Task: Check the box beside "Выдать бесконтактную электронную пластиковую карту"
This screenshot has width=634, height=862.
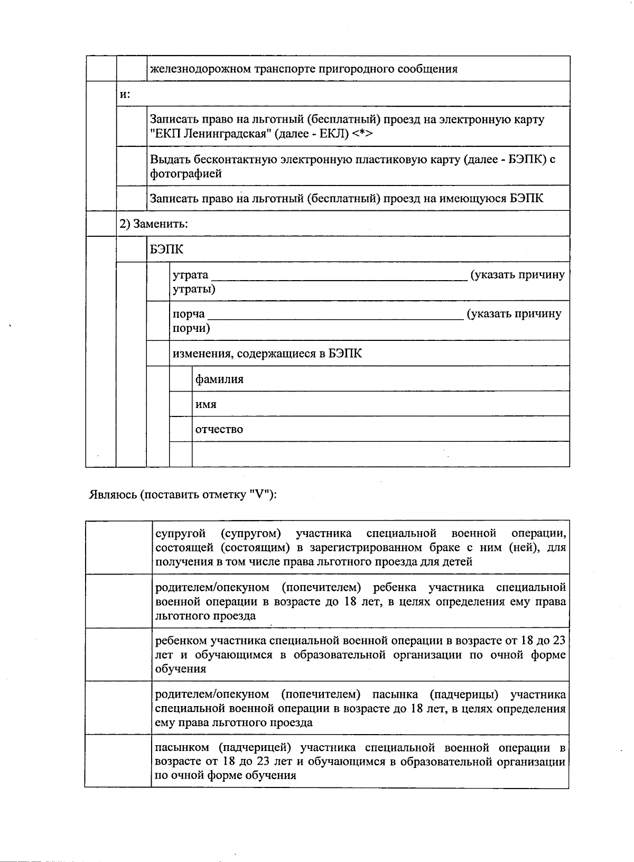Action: click(132, 166)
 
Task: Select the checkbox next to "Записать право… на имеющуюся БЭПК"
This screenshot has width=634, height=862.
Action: click(132, 198)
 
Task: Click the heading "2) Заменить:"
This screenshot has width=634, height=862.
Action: click(153, 224)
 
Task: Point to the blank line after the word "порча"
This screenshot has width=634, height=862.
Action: click(336, 316)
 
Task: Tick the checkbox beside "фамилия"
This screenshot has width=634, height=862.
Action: click(181, 379)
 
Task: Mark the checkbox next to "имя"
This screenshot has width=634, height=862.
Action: click(181, 404)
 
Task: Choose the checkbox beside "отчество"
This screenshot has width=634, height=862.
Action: click(181, 429)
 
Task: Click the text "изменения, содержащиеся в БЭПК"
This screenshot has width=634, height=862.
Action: click(267, 354)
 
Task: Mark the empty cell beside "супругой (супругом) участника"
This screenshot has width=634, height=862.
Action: click(118, 547)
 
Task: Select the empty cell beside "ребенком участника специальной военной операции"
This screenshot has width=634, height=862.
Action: click(118, 654)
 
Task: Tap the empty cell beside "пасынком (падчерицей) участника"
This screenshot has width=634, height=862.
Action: click(118, 761)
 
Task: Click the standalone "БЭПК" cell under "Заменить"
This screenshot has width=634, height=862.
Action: click(167, 249)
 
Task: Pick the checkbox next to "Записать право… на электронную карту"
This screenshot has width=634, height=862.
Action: click(132, 127)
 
